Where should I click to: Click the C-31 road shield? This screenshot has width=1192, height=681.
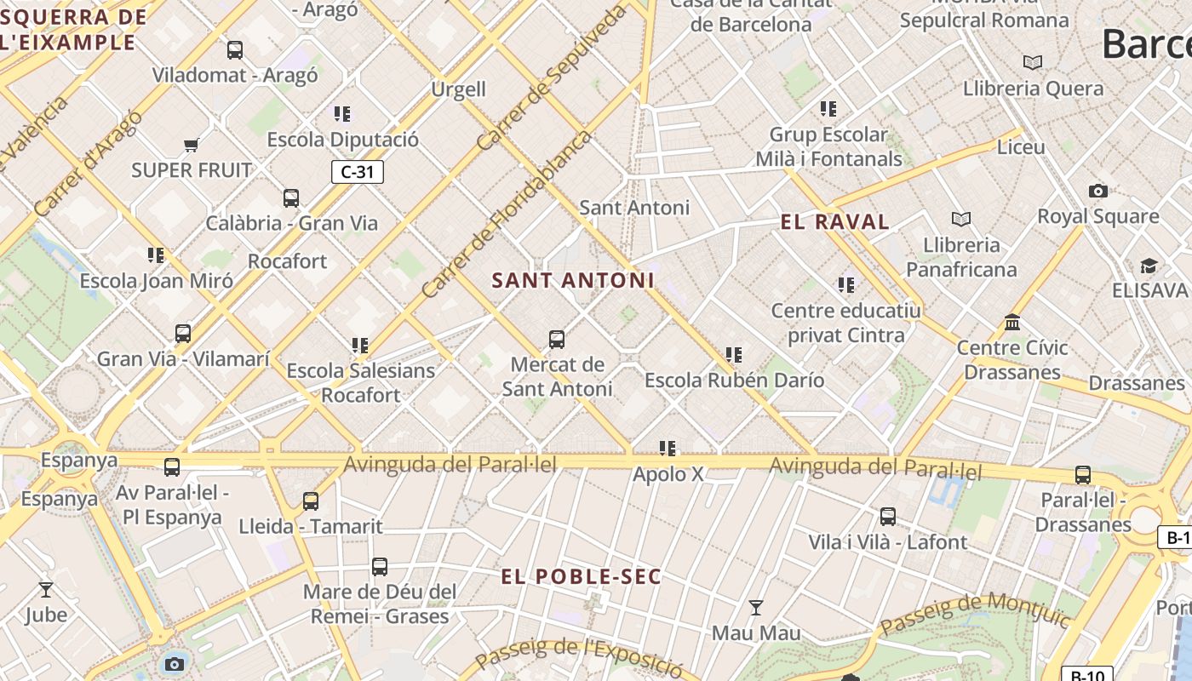pos(358,172)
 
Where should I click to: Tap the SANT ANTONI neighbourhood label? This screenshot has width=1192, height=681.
pos(573,280)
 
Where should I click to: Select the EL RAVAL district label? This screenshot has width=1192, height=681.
pos(834,222)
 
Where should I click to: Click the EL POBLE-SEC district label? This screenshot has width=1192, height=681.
pos(581,576)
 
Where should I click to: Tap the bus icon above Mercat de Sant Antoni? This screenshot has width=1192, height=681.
pos(557,340)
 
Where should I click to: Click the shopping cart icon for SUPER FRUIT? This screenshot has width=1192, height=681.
pos(192,146)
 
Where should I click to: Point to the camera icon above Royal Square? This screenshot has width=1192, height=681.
pos(1098,192)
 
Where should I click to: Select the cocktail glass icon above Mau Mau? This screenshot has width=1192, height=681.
pos(755,608)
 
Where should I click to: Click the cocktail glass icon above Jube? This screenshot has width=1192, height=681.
pos(46,589)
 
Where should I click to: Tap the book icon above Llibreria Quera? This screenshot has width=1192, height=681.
pos(1033,63)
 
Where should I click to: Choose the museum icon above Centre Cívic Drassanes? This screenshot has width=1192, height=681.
pos(1012,323)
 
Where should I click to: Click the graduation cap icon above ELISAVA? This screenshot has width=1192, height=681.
pos(1149,266)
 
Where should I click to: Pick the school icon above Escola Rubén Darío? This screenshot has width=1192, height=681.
pos(734,355)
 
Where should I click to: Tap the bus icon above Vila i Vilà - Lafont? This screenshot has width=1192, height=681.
pos(887,517)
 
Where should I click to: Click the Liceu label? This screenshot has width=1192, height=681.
pos(1020,147)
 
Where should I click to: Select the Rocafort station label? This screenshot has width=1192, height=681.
pos(287,261)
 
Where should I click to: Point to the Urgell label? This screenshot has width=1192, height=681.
pos(458,89)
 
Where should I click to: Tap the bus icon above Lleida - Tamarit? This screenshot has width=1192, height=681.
pos(311,501)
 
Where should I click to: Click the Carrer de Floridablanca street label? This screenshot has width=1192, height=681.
pos(507,215)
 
